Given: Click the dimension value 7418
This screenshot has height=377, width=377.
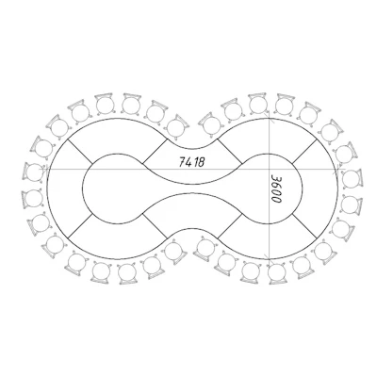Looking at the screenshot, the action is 192,162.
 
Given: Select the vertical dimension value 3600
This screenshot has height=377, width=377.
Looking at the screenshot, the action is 276,188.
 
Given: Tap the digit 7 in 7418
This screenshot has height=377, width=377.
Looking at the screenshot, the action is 182,162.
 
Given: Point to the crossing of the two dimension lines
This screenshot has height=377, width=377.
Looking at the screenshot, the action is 269,169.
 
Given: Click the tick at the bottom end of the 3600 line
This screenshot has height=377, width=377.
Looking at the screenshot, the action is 269,258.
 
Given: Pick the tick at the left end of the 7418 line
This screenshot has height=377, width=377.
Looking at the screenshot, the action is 46,169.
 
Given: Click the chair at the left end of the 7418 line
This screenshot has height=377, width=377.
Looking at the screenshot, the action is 33,172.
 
